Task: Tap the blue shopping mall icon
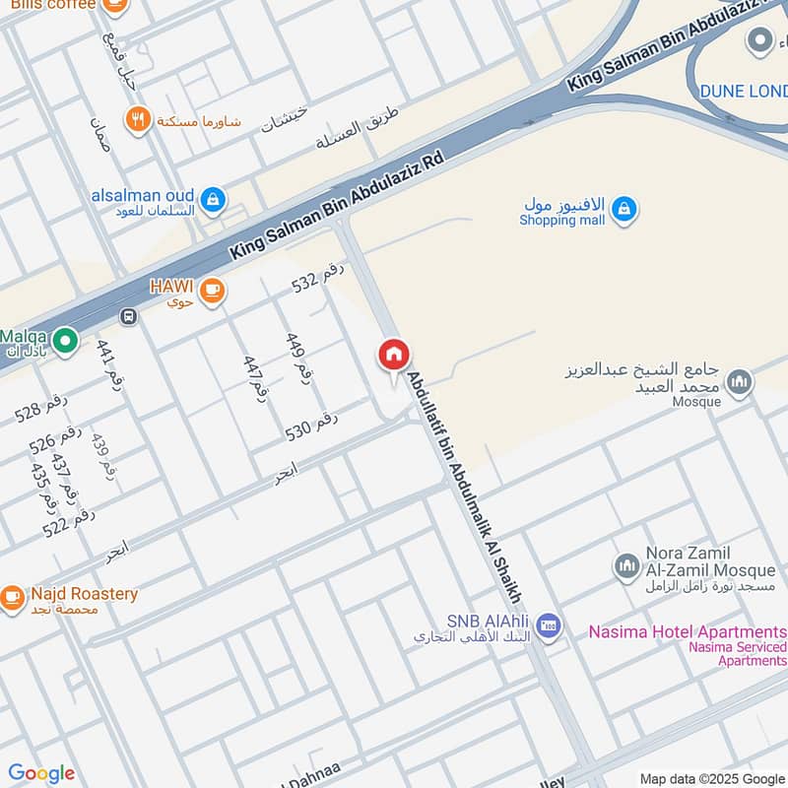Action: [623, 209]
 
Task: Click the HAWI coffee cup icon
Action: [212, 291]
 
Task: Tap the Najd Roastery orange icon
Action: [11, 597]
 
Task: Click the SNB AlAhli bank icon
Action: [548, 626]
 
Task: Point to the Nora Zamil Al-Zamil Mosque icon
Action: [626, 565]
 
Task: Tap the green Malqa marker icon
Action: [65, 341]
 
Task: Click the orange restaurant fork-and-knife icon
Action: [138, 120]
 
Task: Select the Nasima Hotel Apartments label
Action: [688, 631]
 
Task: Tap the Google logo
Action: [41, 773]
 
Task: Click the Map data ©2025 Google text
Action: [712, 778]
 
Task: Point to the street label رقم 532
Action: [319, 280]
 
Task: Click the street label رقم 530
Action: [311, 426]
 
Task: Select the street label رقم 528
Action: [41, 407]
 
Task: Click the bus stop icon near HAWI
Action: [127, 316]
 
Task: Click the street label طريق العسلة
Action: [360, 127]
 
